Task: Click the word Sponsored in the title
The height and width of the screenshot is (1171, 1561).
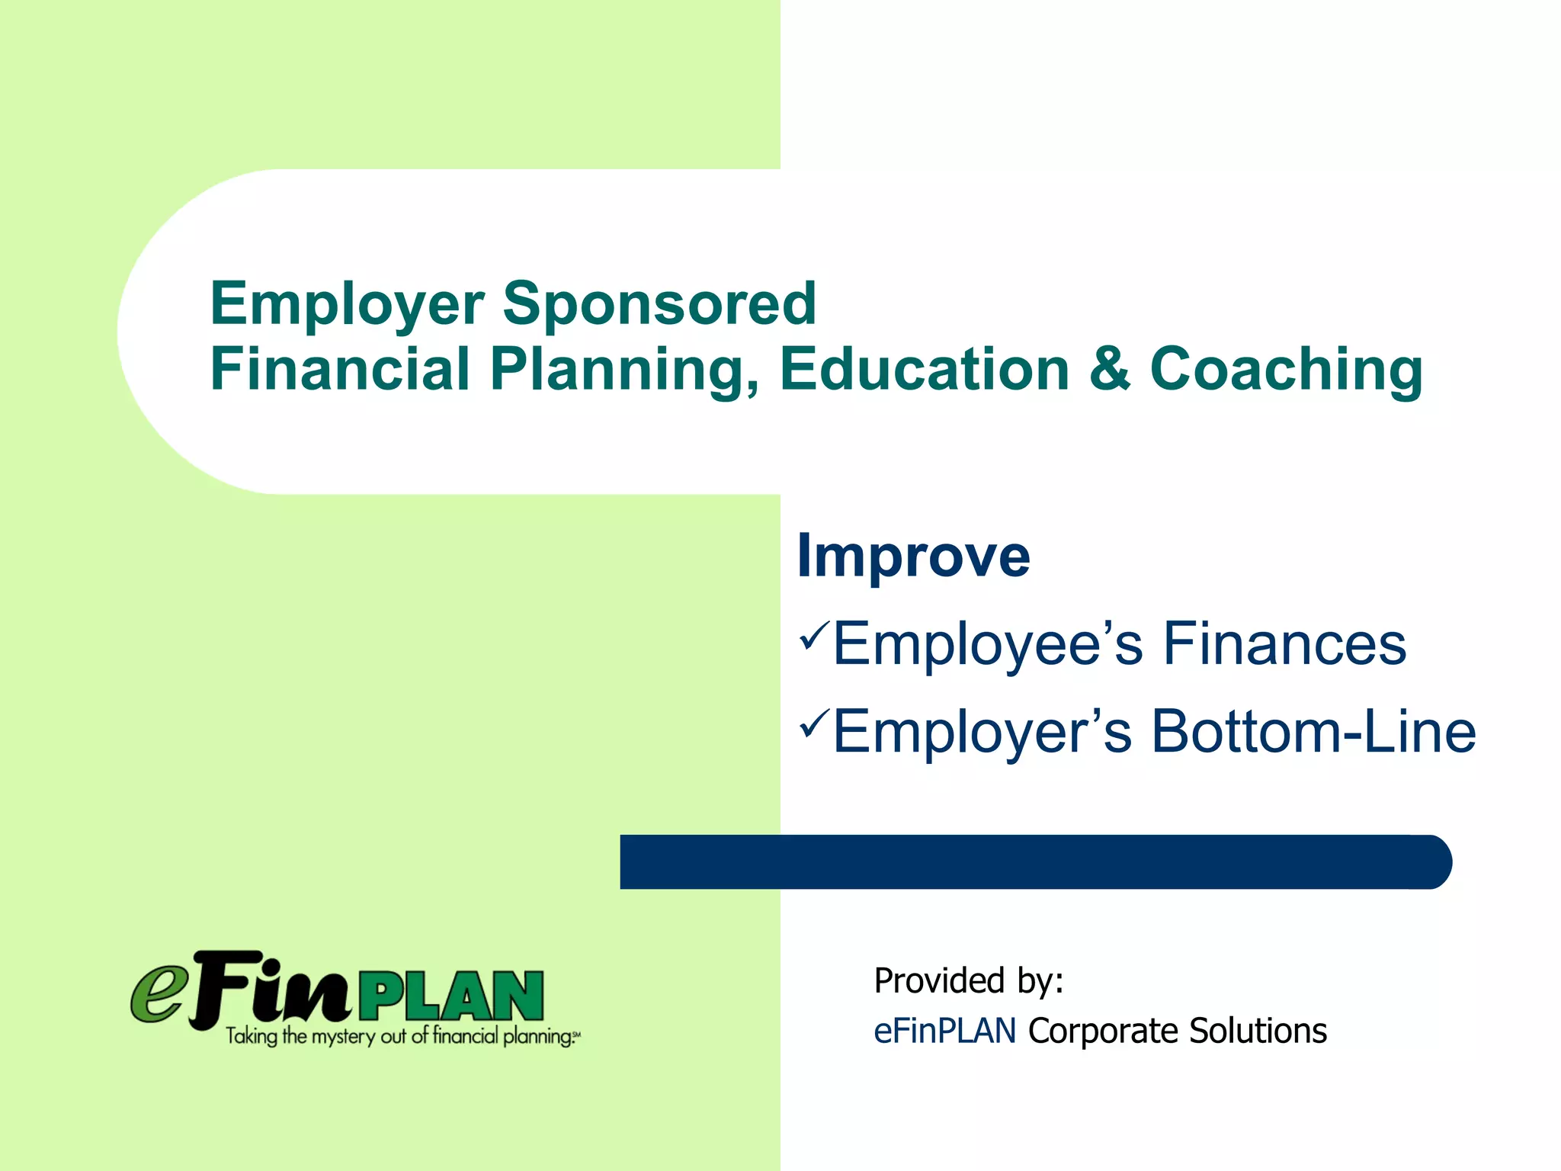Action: point(659,303)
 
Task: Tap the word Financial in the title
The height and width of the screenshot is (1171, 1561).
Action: point(339,369)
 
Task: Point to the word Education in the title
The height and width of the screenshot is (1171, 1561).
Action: point(925,369)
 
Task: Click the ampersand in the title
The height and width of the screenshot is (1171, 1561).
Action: point(1110,369)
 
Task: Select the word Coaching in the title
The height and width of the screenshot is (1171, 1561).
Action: point(1286,371)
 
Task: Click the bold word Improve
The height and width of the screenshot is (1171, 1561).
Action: point(913,557)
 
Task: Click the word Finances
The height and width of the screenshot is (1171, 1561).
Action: point(1284,644)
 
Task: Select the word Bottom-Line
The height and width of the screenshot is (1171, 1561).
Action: point(1313,732)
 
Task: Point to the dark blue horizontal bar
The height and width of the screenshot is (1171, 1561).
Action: point(1035,862)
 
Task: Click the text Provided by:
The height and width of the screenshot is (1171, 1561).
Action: point(968,981)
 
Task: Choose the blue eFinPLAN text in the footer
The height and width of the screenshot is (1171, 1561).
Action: point(944,1031)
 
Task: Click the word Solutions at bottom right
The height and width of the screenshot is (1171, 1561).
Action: point(1258,1031)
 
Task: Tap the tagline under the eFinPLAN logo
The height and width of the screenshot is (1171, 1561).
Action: point(402,1036)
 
